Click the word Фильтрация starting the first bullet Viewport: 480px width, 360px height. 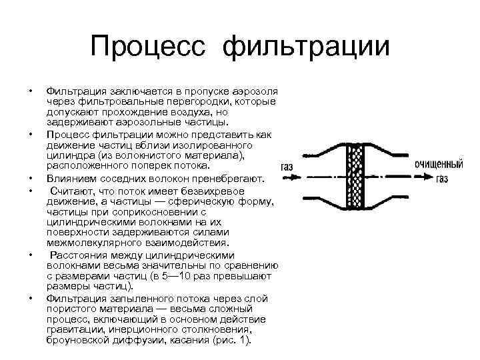(74, 90)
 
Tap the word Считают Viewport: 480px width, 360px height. (74, 190)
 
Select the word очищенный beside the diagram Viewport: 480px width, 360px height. (439, 163)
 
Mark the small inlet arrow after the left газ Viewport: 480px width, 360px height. (301, 176)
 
